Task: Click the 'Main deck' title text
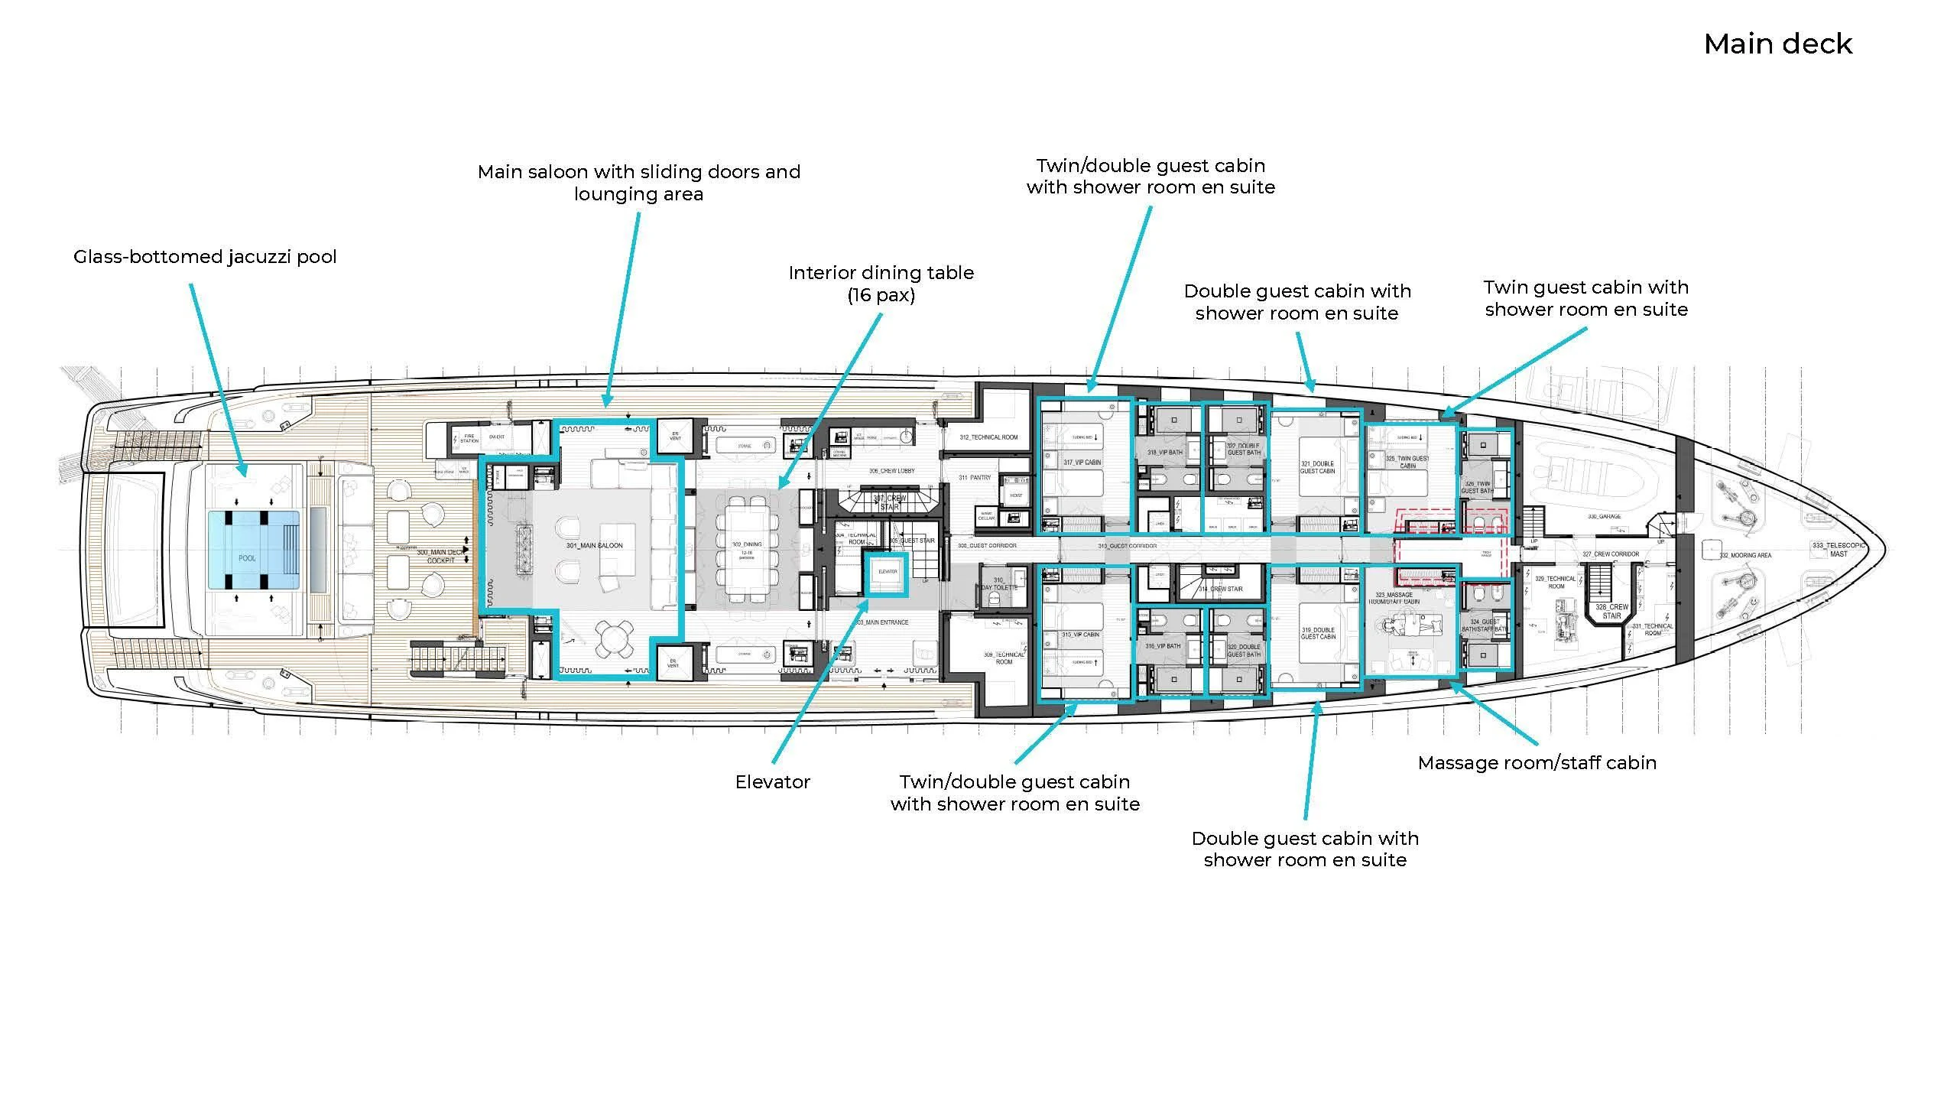tap(1777, 44)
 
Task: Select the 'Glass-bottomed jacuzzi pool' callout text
tap(205, 257)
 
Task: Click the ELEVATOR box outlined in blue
tap(887, 574)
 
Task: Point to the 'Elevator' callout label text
tap(772, 782)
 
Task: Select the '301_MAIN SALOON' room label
tap(594, 546)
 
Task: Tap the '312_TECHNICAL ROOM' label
tap(988, 437)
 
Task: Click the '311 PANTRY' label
tap(975, 478)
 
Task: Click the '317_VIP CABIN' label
tap(1082, 463)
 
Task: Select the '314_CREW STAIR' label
tap(1220, 589)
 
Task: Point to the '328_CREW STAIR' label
tap(1611, 611)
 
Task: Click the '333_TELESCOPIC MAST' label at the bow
tap(1839, 550)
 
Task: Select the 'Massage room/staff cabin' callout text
tap(1537, 763)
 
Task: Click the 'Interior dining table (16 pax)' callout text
tap(881, 284)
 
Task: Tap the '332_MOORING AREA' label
tap(1745, 556)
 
